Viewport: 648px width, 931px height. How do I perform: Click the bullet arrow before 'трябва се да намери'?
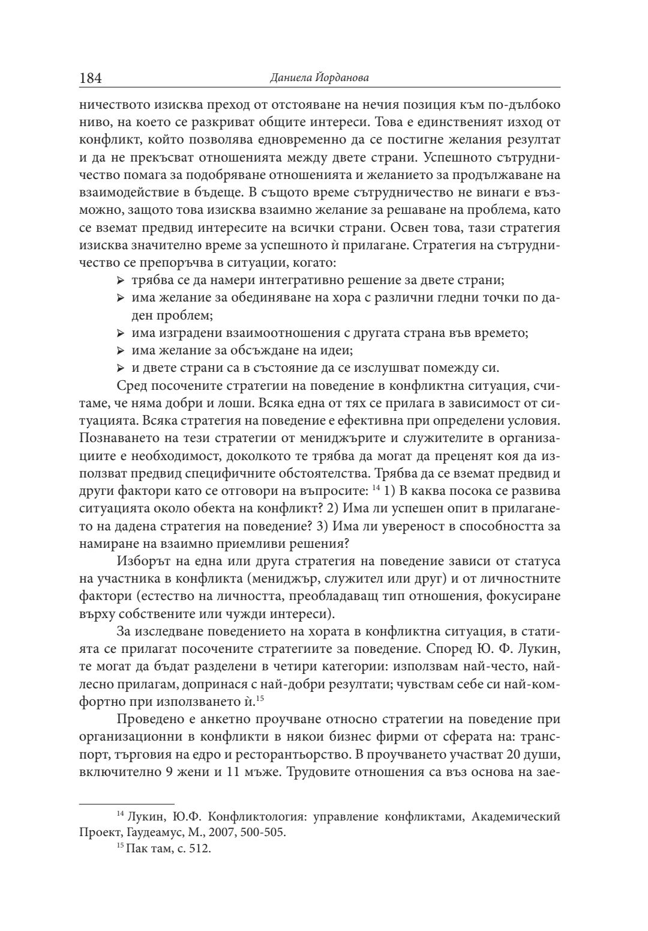[121, 281]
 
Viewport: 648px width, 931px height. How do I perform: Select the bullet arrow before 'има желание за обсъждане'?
[121, 350]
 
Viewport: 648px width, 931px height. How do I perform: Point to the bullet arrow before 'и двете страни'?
[121, 368]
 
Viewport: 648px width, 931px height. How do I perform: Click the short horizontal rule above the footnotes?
[127, 802]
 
